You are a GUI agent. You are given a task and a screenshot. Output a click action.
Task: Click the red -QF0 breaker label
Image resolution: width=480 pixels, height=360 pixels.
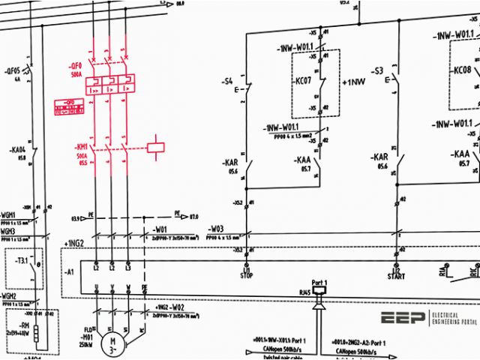click(x=75, y=66)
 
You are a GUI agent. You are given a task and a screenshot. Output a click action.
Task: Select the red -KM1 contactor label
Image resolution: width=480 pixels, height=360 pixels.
click(x=82, y=145)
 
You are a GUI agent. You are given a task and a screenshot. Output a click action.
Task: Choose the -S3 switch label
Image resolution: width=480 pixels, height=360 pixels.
click(x=377, y=72)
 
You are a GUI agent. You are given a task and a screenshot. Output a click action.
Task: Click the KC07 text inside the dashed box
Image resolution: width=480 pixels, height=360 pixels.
click(x=304, y=80)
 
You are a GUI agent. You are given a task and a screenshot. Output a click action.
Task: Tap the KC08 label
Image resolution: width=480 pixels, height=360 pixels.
click(x=462, y=70)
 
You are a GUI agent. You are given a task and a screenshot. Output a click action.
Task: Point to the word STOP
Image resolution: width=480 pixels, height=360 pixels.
click(x=245, y=275)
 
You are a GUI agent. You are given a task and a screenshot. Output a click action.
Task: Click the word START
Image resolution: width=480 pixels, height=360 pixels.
click(x=395, y=275)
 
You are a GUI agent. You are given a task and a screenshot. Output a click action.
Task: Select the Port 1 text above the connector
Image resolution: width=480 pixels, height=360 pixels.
click(x=318, y=279)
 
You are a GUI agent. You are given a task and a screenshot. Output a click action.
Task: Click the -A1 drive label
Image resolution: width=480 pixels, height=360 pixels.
click(x=70, y=271)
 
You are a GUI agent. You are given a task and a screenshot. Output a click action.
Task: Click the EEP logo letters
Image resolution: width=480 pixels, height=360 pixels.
click(x=403, y=318)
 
